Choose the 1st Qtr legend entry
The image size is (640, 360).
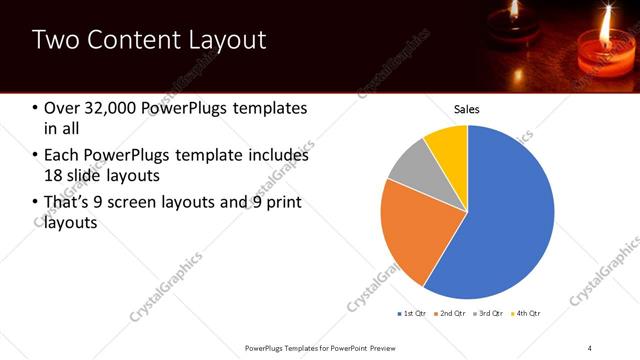coord(413,313)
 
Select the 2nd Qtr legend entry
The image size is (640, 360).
coord(451,313)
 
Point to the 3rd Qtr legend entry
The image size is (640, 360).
coord(489,313)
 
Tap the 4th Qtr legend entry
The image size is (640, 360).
coord(526,313)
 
